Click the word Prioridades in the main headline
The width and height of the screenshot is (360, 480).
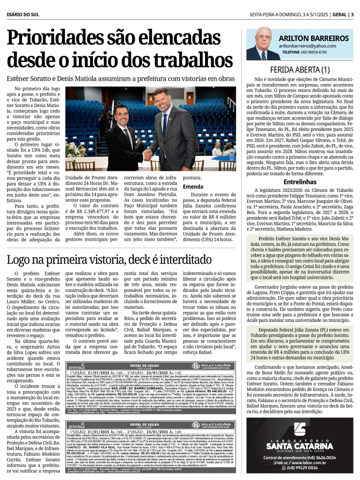[56, 38]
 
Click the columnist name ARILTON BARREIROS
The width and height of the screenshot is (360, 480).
[313, 38]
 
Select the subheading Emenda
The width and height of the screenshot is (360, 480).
[193, 187]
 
